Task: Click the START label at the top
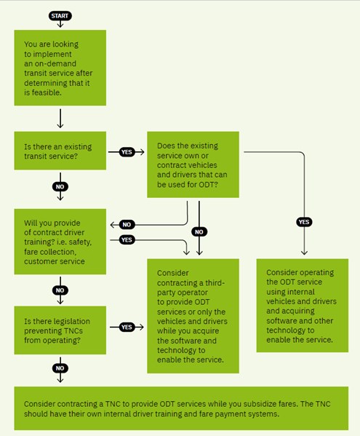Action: pos(60,16)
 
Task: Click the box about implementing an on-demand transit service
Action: pos(60,68)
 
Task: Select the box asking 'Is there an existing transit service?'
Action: pos(60,151)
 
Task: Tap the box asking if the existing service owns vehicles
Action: pos(193,165)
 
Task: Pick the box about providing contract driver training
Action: pos(60,242)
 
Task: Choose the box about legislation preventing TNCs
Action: pos(60,330)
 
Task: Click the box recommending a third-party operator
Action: pos(193,316)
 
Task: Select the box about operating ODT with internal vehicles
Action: pos(303,306)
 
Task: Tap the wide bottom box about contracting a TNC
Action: pos(181,408)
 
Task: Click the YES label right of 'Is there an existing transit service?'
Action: pos(127,152)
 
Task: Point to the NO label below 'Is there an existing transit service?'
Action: pos(60,186)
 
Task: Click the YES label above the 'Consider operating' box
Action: pos(304,222)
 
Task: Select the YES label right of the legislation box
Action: pos(127,327)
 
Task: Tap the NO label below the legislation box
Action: pos(60,368)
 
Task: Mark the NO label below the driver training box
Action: pos(60,290)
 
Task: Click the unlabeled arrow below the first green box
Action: pos(60,119)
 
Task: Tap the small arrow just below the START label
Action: pos(60,24)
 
